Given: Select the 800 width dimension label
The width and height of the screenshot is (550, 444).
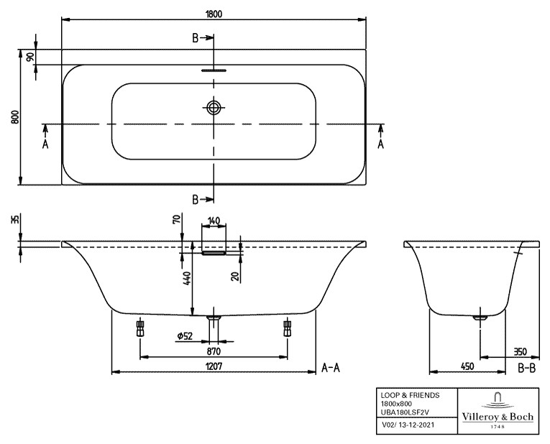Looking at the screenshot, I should point(14,117).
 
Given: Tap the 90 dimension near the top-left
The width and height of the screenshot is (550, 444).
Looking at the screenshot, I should point(30,57).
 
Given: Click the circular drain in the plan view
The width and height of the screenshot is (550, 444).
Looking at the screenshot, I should point(214,108).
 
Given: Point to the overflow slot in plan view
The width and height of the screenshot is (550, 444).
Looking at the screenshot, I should point(214,71).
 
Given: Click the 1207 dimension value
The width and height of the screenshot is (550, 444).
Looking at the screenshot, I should point(214,366).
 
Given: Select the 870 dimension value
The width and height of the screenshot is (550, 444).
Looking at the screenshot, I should point(214,351).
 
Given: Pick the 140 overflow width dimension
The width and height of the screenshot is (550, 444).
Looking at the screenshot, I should point(214,221).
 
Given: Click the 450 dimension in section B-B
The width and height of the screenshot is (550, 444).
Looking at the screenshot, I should point(467,366).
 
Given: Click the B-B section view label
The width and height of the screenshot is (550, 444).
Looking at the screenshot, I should point(527,368).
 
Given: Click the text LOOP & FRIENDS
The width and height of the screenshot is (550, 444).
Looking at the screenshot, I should point(409,395).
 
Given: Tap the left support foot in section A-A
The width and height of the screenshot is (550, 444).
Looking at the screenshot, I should point(139,328).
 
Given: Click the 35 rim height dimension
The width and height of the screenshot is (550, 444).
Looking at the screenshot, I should point(14,219).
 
